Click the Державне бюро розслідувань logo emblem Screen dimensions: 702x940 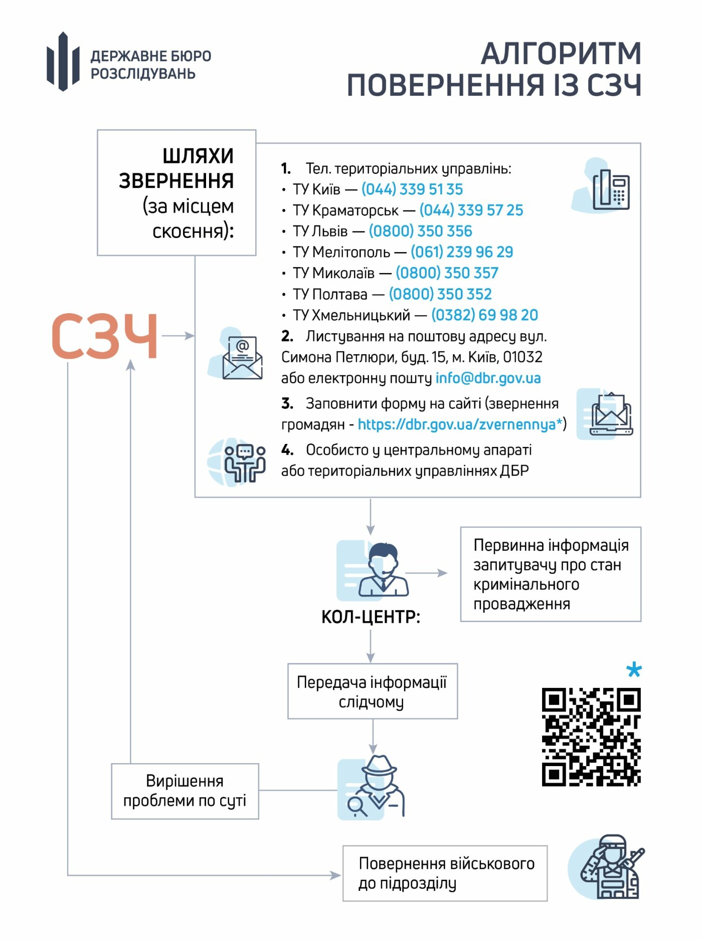coord(63,61)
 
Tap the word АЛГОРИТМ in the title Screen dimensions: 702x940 coord(561,53)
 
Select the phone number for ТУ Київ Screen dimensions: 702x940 coord(412,189)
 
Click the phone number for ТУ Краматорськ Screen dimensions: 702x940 coord(471,210)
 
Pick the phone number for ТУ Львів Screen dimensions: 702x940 coord(421,231)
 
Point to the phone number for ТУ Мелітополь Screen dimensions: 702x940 coord(462,252)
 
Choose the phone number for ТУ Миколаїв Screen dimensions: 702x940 coord(447,273)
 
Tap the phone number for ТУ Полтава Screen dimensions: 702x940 coord(440,294)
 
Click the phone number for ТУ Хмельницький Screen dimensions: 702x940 coord(485,315)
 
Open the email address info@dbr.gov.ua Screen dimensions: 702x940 coord(488,378)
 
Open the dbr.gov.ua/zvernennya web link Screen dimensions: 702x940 coord(459,425)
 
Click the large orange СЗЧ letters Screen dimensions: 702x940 coord(105,336)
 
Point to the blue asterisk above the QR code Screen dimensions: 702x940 coord(634,669)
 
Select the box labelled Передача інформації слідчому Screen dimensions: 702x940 coord(373,692)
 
